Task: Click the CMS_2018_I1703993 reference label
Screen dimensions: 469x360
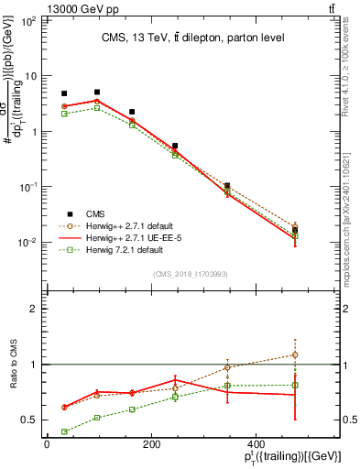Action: click(x=191, y=274)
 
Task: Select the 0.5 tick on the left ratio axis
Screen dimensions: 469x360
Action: click(x=32, y=420)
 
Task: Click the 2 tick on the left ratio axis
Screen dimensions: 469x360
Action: click(x=36, y=309)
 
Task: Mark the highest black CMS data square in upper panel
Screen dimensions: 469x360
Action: click(x=97, y=92)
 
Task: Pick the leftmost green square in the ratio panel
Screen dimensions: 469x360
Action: click(x=64, y=431)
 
